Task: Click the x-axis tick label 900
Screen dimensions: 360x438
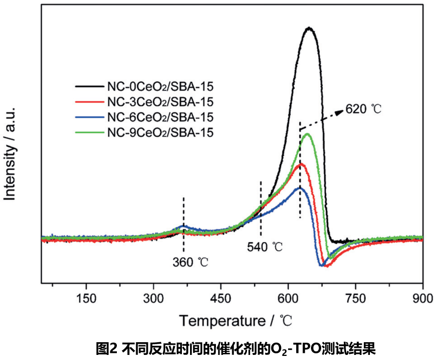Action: point(422,298)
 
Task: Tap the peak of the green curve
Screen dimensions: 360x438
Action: point(307,134)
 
